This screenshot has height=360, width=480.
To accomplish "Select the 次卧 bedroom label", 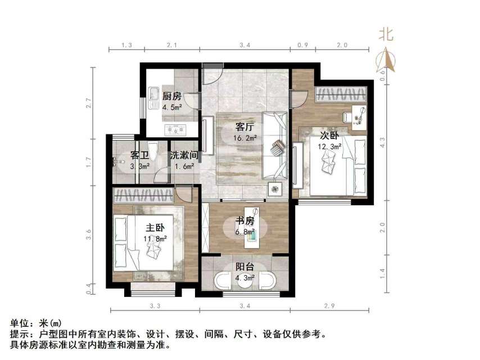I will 329,136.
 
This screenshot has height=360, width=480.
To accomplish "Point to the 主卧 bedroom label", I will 155,228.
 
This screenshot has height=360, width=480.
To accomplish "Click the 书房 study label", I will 245,221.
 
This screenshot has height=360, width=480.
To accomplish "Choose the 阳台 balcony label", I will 244,268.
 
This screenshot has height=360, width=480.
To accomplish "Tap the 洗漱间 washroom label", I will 183,155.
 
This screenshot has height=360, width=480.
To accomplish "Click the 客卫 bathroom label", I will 138,155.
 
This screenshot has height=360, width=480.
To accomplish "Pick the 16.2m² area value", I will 246,137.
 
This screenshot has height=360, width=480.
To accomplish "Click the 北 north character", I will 386,35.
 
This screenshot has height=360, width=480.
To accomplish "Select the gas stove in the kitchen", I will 176,130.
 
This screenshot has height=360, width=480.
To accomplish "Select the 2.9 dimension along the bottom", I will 330,307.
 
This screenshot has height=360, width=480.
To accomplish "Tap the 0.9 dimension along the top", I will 303,44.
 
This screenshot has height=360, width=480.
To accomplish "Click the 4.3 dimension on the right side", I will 383,143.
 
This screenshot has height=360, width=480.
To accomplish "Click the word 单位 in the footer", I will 21,323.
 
